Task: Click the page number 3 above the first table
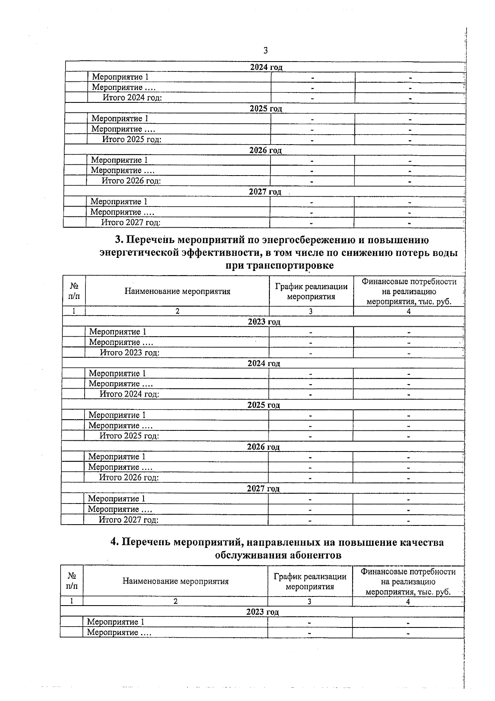(x=265, y=50)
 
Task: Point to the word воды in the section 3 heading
(x=442, y=253)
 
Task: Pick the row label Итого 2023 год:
(x=130, y=353)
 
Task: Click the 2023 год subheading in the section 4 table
(x=262, y=612)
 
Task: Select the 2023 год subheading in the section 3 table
(x=264, y=322)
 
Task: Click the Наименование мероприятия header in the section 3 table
(x=177, y=291)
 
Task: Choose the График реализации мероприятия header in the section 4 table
(x=310, y=582)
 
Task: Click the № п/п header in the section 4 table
(x=71, y=581)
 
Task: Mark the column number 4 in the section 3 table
(x=408, y=311)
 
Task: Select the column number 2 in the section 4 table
(x=175, y=601)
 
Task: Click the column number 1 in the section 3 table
(x=74, y=311)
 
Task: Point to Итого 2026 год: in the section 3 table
(x=129, y=478)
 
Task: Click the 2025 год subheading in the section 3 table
(x=264, y=405)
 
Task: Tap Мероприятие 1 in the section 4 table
(x=115, y=622)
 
